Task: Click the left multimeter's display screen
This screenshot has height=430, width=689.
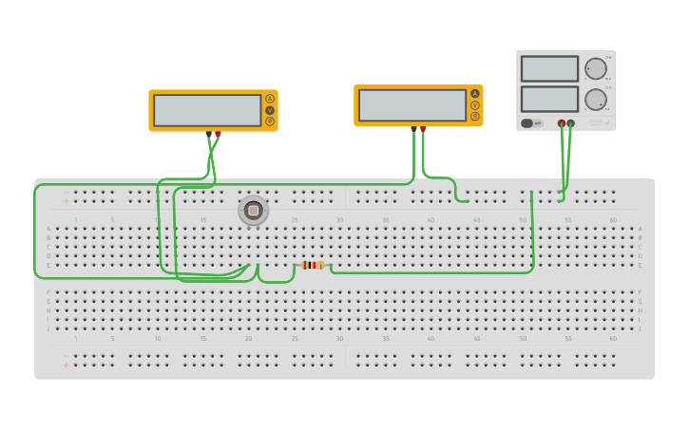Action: (x=207, y=110)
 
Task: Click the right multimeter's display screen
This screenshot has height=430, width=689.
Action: (x=412, y=105)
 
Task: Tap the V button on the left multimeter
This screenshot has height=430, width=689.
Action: (x=270, y=110)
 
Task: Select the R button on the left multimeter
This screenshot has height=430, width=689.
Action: (x=270, y=122)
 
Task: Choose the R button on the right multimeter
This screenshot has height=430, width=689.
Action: (x=475, y=117)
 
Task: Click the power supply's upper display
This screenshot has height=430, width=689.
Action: (x=549, y=69)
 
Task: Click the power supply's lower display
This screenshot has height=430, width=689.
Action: (x=549, y=99)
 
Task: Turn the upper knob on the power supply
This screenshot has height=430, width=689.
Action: (x=596, y=68)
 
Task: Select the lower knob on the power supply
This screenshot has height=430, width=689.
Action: (x=596, y=99)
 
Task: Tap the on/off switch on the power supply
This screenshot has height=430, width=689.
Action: (x=528, y=123)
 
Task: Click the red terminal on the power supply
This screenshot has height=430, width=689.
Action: (x=562, y=123)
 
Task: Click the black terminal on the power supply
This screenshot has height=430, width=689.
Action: (x=570, y=123)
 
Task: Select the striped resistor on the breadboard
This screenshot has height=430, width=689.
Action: (x=312, y=265)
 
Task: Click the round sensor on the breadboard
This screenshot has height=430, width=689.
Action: (x=253, y=211)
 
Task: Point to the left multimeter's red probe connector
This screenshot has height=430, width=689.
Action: (x=218, y=135)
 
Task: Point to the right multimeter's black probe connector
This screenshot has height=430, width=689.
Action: (x=413, y=129)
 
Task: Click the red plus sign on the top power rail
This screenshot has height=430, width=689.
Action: (x=66, y=201)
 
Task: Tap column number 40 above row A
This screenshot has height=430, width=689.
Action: (x=431, y=220)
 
